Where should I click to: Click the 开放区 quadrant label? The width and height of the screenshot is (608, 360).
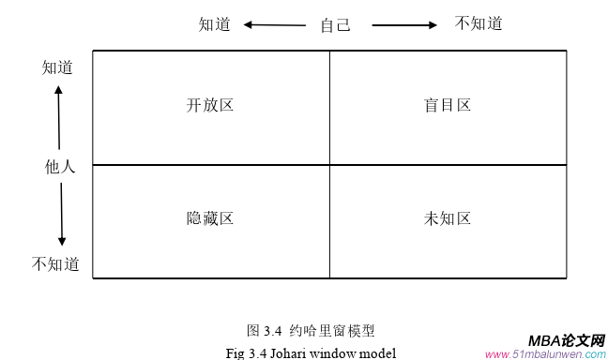point(210,105)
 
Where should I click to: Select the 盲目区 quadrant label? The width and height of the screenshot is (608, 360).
point(448,105)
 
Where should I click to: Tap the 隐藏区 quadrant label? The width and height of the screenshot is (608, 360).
point(210,218)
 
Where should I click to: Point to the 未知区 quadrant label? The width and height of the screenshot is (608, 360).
point(448,218)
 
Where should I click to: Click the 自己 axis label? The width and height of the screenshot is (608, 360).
point(335,25)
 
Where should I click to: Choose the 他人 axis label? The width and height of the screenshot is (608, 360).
point(60,167)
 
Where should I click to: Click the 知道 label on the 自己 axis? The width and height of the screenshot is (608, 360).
point(215,24)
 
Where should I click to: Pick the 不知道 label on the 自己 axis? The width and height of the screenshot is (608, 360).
point(479,24)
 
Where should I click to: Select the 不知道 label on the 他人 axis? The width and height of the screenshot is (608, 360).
point(56,263)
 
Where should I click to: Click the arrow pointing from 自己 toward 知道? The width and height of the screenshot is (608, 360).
point(274,25)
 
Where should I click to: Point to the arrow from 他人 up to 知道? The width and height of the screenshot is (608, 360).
point(58,117)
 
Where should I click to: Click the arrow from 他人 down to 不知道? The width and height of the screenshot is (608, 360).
point(61,215)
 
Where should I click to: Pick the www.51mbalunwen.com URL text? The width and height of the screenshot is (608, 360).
point(546,355)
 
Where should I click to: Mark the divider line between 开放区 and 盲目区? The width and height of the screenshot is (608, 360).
point(329,107)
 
